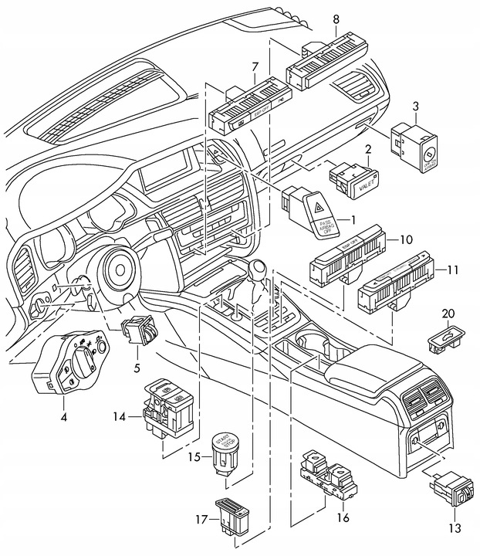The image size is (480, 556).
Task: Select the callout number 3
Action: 415,106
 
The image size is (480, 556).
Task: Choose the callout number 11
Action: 452,270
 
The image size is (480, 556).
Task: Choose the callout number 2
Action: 368,148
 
